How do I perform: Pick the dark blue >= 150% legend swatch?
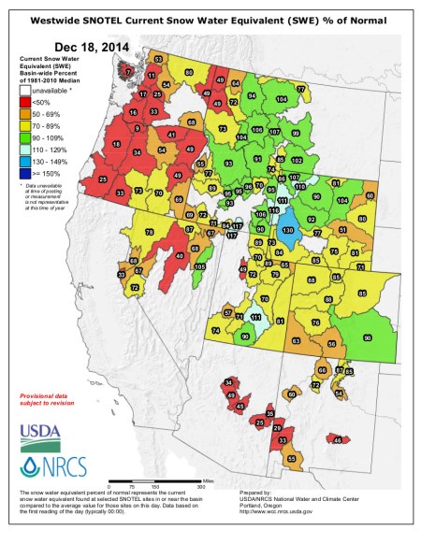pyautogui.click(x=25, y=174)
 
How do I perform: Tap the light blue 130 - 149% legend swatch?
pyautogui.click(x=25, y=162)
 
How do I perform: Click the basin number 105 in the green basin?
pyautogui.click(x=198, y=266)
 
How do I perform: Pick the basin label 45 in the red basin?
pyautogui.click(x=239, y=407)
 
